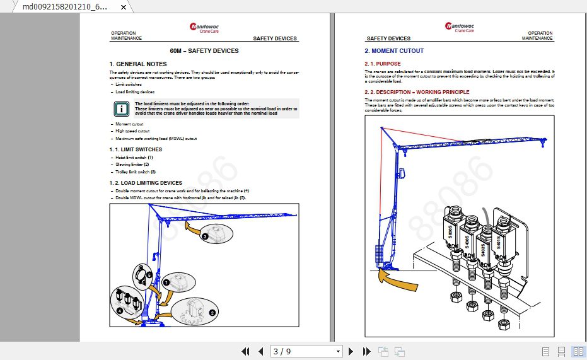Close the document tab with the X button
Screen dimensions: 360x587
(124, 8)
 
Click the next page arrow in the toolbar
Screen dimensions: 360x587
(351, 351)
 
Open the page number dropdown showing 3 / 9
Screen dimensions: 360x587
(338, 351)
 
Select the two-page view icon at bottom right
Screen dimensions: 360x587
(578, 351)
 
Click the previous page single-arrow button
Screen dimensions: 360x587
(261, 351)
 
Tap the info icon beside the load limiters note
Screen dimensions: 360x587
(121, 108)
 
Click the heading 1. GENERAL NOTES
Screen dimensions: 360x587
(138, 64)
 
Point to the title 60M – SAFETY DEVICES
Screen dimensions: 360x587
(204, 51)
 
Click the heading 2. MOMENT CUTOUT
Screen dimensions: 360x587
(394, 51)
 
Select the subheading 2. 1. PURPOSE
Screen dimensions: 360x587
(382, 64)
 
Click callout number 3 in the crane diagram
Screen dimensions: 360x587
(205, 237)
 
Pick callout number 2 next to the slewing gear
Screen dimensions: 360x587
(212, 312)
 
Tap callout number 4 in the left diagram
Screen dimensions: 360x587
(120, 311)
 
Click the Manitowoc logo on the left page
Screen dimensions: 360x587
(204, 28)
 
